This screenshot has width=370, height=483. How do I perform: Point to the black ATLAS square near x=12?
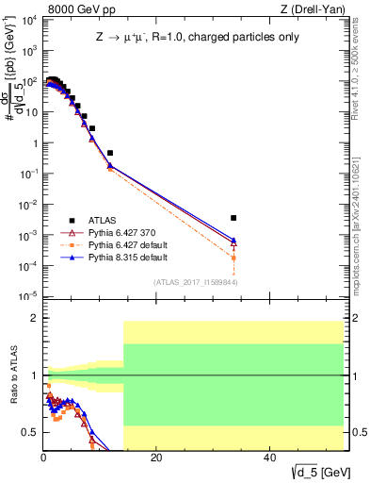110,152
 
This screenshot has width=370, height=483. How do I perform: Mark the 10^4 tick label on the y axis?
28,20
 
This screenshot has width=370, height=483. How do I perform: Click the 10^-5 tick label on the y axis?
28,297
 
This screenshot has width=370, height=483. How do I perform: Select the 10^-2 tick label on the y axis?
28,205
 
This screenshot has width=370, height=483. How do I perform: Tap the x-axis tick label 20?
156,458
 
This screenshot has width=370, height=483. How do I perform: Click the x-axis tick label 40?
269,458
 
